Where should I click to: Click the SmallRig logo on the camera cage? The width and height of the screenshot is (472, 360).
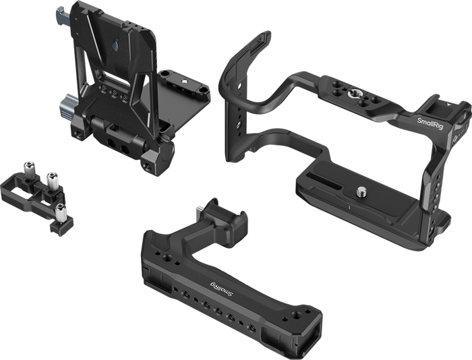pyautogui.click(x=430, y=123)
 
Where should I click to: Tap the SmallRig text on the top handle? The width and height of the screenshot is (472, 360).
pyautogui.click(x=221, y=289)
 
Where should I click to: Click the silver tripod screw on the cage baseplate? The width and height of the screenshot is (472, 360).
pyautogui.click(x=361, y=192)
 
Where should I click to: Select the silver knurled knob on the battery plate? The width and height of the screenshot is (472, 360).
pyautogui.click(x=66, y=107)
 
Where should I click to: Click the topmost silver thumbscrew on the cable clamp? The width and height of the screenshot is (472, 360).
pyautogui.click(x=28, y=169)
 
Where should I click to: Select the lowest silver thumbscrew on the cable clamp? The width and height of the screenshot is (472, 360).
pyautogui.click(x=61, y=212)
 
